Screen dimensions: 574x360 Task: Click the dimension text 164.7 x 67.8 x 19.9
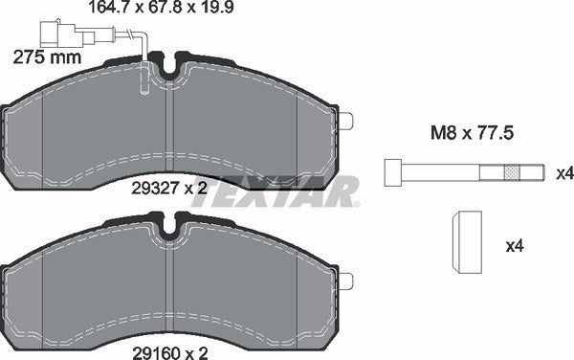(161, 7)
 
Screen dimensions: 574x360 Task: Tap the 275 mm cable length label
(47, 57)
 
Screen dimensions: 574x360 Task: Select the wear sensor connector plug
(67, 34)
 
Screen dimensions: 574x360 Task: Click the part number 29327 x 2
(169, 189)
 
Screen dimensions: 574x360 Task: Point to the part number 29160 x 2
(169, 353)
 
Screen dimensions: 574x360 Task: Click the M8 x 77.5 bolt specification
(472, 133)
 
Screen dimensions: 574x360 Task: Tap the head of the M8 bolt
(392, 172)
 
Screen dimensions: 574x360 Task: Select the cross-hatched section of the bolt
(512, 172)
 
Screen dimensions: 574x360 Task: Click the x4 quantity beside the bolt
(564, 173)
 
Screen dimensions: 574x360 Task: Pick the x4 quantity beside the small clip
(515, 246)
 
